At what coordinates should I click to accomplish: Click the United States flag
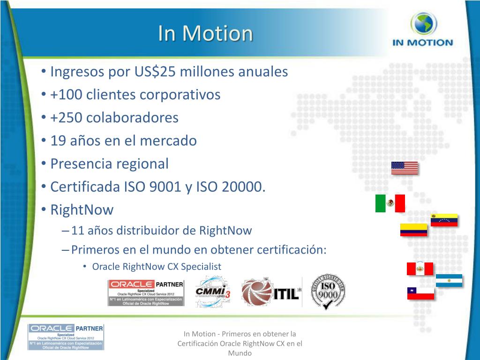coord(404,168)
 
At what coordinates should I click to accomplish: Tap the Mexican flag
coord(390,203)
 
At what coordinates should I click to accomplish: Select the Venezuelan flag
coord(444,220)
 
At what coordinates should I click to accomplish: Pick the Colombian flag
coord(413,230)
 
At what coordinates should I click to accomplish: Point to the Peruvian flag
coord(420,269)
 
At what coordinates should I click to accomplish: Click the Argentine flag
coord(449,280)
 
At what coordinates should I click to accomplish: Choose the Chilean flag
coord(420,293)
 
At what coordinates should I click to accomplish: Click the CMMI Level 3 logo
coord(213,292)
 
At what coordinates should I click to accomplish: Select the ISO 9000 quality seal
coord(329,292)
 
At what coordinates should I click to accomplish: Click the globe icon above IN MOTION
coord(423,24)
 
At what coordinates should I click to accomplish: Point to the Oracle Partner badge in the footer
coord(66,337)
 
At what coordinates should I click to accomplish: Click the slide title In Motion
coord(205,33)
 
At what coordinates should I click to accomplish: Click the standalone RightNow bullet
coord(82,210)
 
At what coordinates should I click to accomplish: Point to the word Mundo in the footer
coord(240,353)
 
